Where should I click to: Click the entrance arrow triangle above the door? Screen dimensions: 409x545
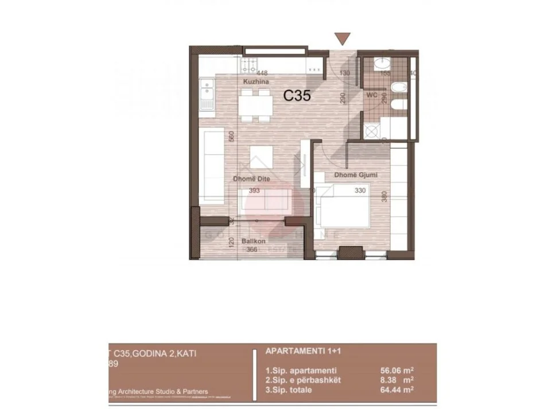click(x=342, y=38)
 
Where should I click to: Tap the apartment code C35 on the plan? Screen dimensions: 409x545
click(x=297, y=96)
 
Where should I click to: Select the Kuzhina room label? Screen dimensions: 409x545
click(x=254, y=83)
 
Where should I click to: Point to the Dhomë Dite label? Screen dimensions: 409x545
click(x=251, y=179)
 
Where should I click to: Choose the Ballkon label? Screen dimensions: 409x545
click(x=253, y=241)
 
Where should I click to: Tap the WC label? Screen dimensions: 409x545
click(x=372, y=95)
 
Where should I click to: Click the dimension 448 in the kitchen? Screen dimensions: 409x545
click(x=262, y=73)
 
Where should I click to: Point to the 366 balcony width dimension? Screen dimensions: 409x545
click(x=251, y=250)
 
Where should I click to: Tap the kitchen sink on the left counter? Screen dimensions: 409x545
click(x=207, y=95)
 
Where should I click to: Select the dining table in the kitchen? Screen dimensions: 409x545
click(x=256, y=104)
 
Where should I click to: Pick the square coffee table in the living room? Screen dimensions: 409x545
click(x=260, y=157)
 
